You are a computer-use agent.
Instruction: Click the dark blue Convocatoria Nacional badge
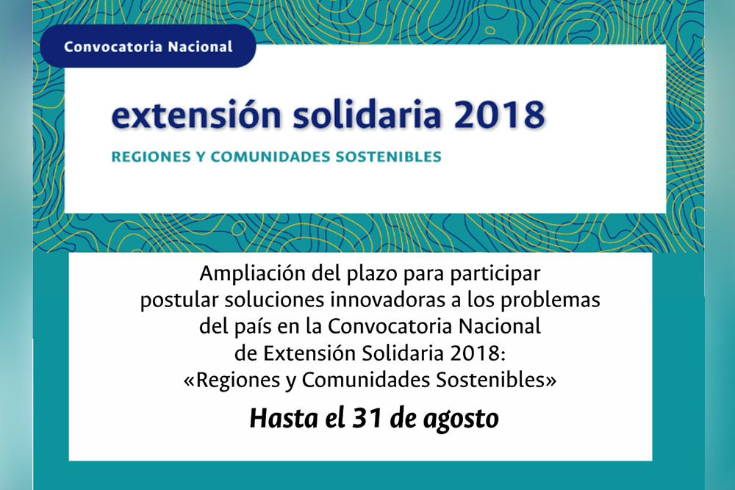(x=148, y=46)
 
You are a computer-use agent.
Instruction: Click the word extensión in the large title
(x=196, y=115)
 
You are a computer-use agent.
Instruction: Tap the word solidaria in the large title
(x=367, y=114)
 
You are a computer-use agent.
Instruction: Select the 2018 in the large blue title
(x=500, y=115)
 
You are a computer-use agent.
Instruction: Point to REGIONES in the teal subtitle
(x=151, y=156)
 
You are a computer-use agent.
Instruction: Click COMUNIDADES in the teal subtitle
(x=270, y=156)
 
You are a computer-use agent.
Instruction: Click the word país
(x=253, y=326)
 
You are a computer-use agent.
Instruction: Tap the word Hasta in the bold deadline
(x=284, y=418)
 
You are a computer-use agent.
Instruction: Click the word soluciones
(x=274, y=300)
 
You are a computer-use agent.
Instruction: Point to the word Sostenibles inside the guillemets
(x=491, y=380)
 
